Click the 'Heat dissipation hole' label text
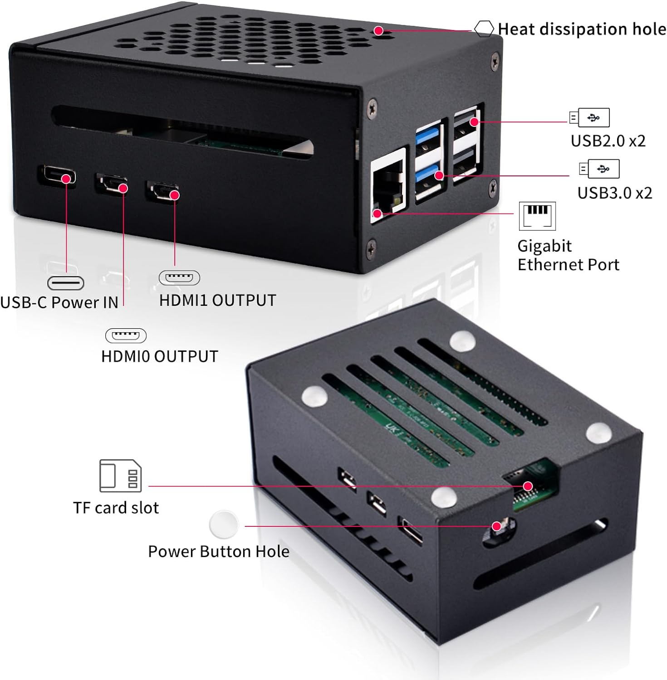coord(582,29)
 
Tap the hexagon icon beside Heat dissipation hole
coord(484,29)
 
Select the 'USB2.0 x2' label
coord(608,141)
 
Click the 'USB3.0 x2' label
coord(614,193)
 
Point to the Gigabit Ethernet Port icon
coord(537,216)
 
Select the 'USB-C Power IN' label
coord(59,302)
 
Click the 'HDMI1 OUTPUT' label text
coord(217,300)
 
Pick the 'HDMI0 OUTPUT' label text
coord(160,356)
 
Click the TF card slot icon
coord(120,476)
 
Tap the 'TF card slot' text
coord(116,508)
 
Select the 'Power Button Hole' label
coord(219,551)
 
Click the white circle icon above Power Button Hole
coord(224,525)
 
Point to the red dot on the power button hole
coord(497,526)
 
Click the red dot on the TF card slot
coord(527,486)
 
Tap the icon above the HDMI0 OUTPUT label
coord(126,335)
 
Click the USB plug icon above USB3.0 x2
coord(599,169)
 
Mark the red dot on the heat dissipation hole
coord(378,31)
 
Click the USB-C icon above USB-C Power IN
coord(66,283)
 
